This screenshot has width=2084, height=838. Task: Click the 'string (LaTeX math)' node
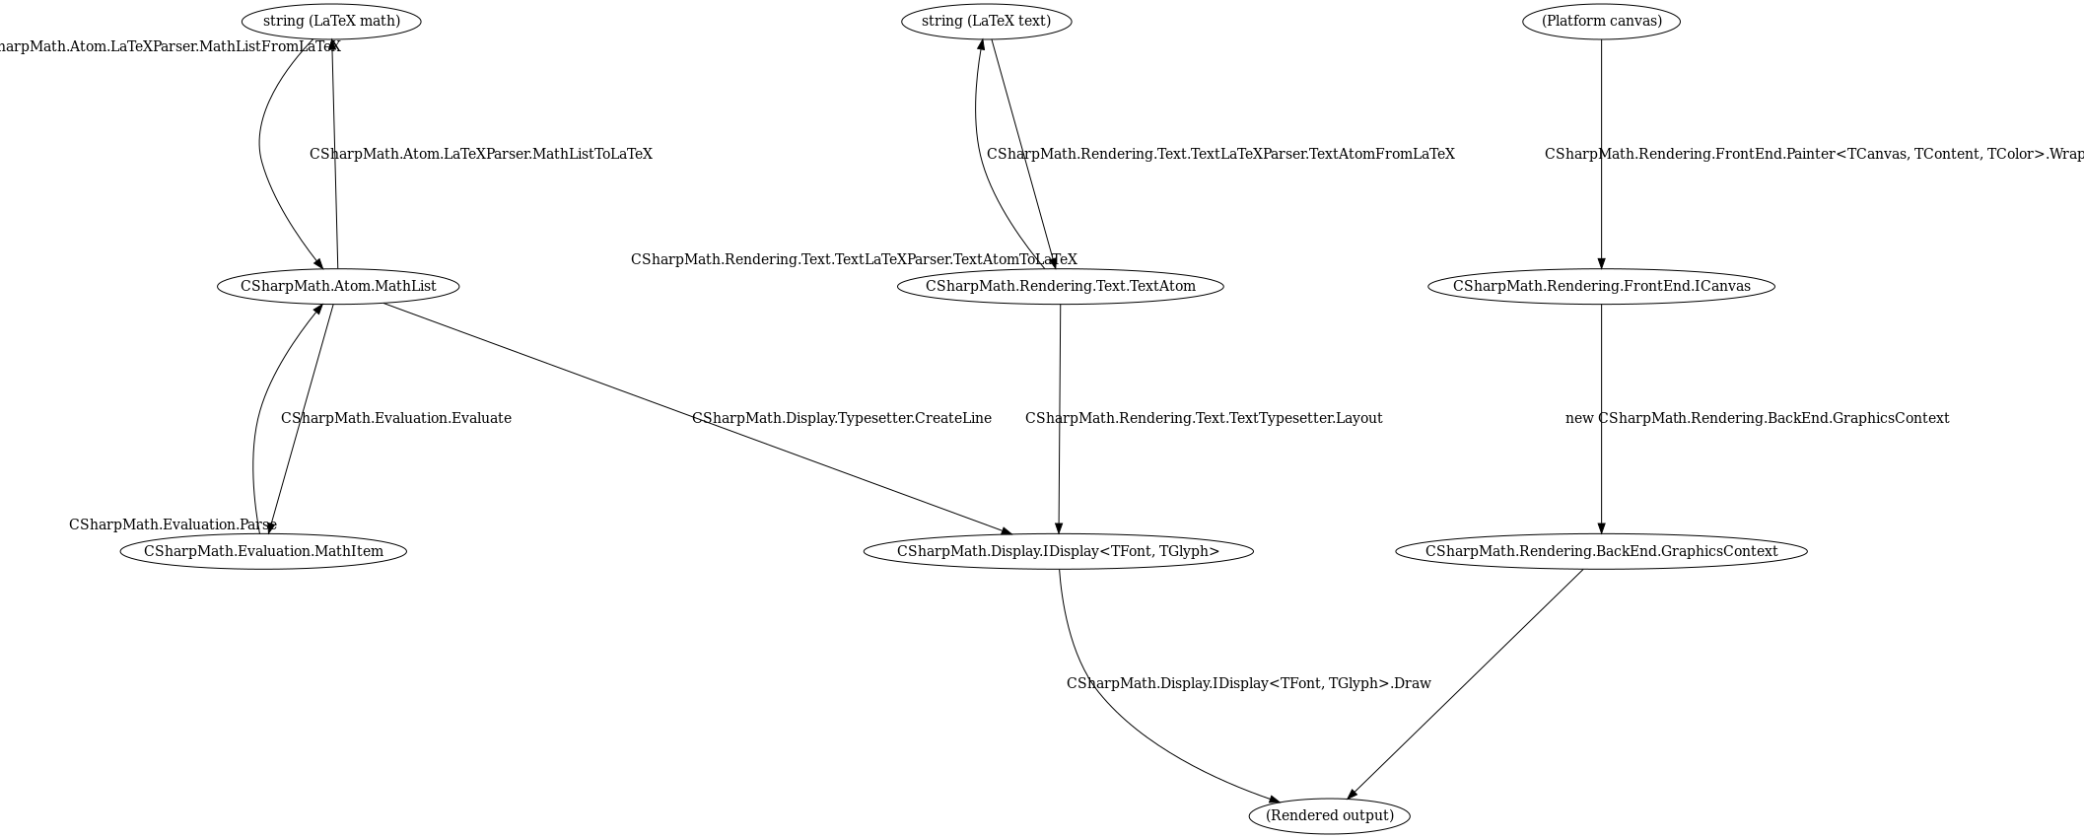pos(331,22)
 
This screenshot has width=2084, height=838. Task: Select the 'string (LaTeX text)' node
pos(986,22)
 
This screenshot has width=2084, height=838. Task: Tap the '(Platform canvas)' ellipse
pos(1601,22)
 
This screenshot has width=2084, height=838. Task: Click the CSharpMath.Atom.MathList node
pos(338,286)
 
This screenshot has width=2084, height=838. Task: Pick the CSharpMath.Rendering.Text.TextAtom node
pos(1060,286)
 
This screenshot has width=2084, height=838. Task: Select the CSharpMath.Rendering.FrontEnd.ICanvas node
pos(1601,286)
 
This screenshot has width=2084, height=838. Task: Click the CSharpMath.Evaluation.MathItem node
pos(263,551)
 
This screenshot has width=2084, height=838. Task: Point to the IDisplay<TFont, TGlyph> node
pos(1058,551)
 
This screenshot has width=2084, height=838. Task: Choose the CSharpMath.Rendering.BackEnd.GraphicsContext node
pos(1601,551)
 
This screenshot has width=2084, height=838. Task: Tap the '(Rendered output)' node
pos(1329,816)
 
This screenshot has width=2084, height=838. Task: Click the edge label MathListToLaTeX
pos(480,154)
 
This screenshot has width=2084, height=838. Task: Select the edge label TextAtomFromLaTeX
pos(1220,154)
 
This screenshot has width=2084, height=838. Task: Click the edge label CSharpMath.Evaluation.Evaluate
pos(395,418)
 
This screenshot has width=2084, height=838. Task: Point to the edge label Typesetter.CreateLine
pos(841,418)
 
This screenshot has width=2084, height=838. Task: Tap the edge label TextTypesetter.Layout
pos(1204,418)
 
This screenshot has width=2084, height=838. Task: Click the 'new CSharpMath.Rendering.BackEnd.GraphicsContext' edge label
pos(1757,418)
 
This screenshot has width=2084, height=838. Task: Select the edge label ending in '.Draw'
pos(1248,683)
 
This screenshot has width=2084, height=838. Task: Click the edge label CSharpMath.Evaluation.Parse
pos(173,524)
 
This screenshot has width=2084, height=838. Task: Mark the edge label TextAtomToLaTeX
pos(854,259)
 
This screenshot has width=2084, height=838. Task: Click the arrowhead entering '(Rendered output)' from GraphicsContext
pos(1353,794)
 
